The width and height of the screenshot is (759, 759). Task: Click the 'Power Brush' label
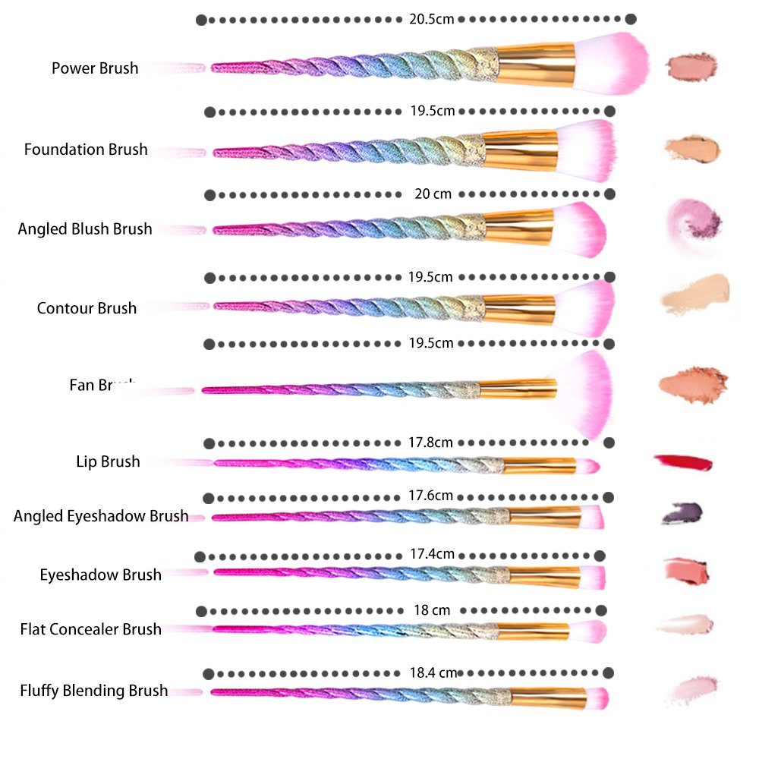95,68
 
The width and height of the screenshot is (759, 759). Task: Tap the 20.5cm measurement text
431,19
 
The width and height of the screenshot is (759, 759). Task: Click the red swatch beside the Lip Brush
683,461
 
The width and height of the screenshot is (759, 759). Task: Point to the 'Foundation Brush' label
86,150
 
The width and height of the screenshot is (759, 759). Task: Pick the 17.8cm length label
430,442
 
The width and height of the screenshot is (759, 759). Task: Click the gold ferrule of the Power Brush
536,65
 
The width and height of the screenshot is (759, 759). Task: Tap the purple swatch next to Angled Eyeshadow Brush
682,514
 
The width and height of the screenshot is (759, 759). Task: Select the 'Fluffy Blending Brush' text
94,691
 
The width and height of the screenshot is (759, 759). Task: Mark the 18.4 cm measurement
433,672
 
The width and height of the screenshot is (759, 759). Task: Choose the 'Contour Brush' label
87,308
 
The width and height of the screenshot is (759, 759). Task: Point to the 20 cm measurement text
433,194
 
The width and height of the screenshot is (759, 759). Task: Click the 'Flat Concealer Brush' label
91,629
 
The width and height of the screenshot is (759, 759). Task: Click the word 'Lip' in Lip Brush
87,461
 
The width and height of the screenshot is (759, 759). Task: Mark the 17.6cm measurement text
430,496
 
